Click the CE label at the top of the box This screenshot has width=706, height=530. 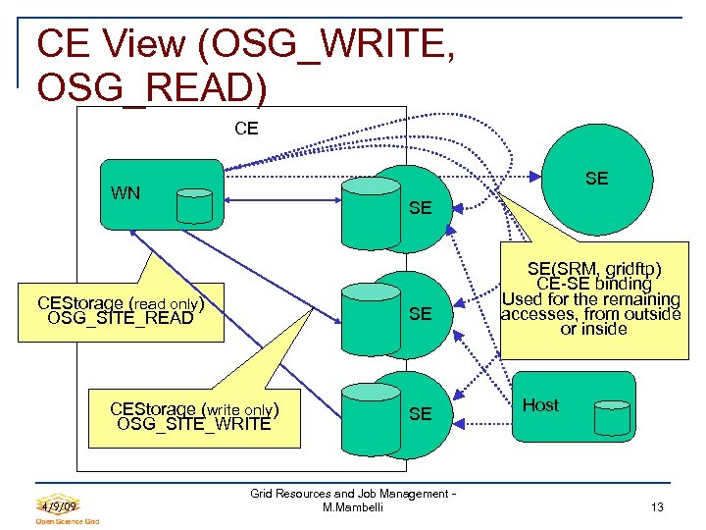(246, 129)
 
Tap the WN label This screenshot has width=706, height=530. (126, 192)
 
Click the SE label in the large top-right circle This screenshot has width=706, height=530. (596, 178)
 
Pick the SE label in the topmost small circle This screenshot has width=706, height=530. (420, 209)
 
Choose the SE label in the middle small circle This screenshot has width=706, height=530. (420, 314)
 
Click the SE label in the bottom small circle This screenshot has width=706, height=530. (420, 414)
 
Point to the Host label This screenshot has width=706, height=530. (540, 405)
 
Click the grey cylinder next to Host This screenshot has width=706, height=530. (613, 418)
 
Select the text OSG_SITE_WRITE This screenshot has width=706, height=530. (193, 424)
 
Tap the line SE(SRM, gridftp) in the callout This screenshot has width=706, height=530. (593, 269)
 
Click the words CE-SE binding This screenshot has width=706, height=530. (594, 284)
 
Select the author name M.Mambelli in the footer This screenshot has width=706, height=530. (353, 507)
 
